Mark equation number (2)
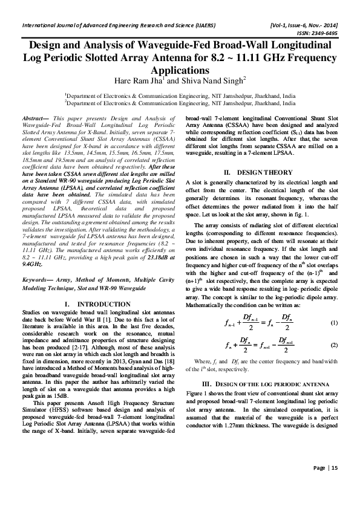(x=333, y=345)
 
